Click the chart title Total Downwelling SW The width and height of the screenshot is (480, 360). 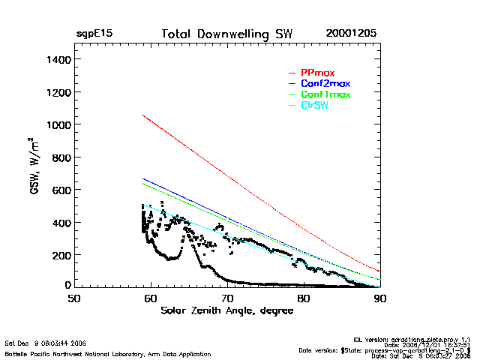click(226, 34)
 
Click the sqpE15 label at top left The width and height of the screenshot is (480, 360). click(94, 34)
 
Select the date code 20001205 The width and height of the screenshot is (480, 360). click(351, 34)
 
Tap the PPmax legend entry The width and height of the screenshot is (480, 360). click(317, 73)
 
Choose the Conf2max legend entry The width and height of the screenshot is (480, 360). click(325, 83)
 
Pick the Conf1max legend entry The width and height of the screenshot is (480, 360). click(325, 94)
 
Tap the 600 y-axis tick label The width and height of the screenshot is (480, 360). click(59, 190)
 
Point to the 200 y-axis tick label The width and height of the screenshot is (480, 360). click(59, 256)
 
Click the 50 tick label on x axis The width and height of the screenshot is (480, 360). click(73, 298)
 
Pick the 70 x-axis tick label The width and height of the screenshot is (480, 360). click(226, 298)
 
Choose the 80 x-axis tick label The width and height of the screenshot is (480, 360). click(303, 298)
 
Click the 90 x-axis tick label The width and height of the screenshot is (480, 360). click(379, 298)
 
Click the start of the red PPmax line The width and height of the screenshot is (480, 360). click(142, 115)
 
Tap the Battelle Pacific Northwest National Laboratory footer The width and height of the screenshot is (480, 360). click(108, 353)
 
